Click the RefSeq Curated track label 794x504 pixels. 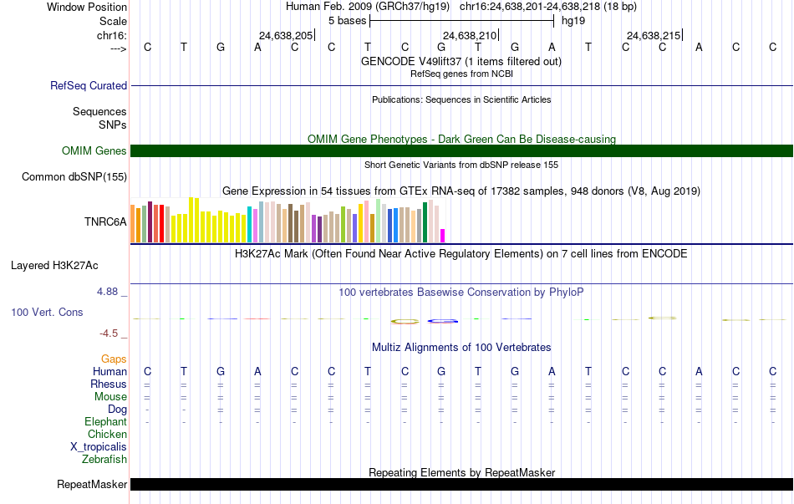[x=88, y=85]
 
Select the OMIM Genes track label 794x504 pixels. [x=94, y=151]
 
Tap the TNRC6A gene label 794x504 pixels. [x=105, y=221]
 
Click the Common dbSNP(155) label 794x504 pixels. [x=74, y=177]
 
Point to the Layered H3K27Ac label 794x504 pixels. [x=54, y=266]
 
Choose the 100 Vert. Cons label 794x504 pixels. [x=47, y=312]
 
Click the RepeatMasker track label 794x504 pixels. [x=92, y=484]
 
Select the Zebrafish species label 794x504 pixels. [x=104, y=460]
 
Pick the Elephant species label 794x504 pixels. [x=106, y=422]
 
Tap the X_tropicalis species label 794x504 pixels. [x=99, y=447]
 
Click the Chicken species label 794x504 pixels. [x=107, y=434]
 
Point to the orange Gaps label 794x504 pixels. [x=114, y=359]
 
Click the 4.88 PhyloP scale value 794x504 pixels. [x=107, y=292]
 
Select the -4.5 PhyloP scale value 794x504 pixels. [x=109, y=333]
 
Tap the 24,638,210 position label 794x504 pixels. [x=470, y=35]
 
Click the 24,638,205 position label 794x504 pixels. [x=286, y=35]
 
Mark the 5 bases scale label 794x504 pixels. [x=348, y=21]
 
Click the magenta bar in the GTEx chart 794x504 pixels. [x=443, y=236]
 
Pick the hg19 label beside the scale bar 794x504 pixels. [x=573, y=21]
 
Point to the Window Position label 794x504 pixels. [x=87, y=7]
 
